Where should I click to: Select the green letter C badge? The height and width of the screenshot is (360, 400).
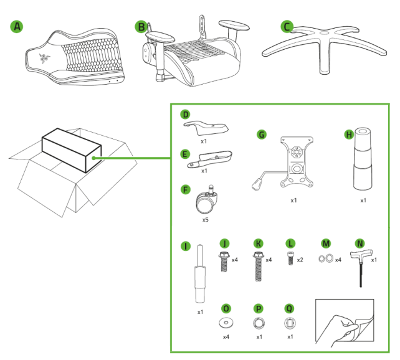[x=286, y=27]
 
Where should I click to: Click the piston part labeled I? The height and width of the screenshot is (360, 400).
[x=199, y=274]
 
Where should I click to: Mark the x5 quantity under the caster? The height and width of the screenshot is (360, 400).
[x=205, y=220]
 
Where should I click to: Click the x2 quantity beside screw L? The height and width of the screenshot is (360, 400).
[x=300, y=260]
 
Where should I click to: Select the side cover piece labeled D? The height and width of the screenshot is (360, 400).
[x=206, y=127]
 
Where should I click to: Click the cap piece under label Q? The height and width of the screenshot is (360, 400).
[x=288, y=323]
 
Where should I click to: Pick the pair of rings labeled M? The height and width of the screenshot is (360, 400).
[x=325, y=260]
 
